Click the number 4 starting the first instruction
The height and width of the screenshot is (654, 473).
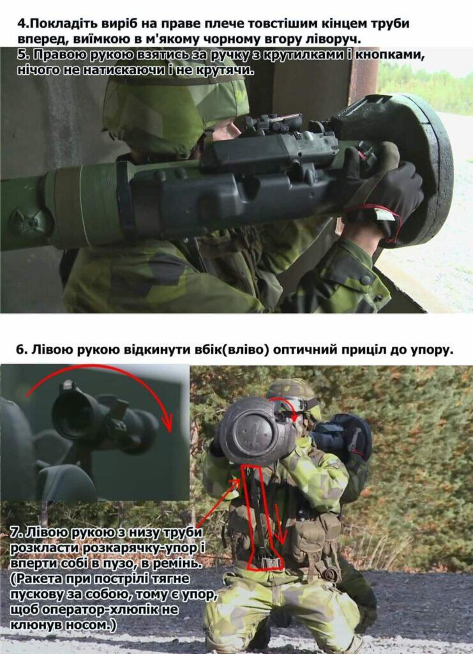click(21, 24)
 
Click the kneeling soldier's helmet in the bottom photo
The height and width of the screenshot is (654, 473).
click(294, 394)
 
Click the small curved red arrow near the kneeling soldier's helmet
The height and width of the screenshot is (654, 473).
click(287, 402)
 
